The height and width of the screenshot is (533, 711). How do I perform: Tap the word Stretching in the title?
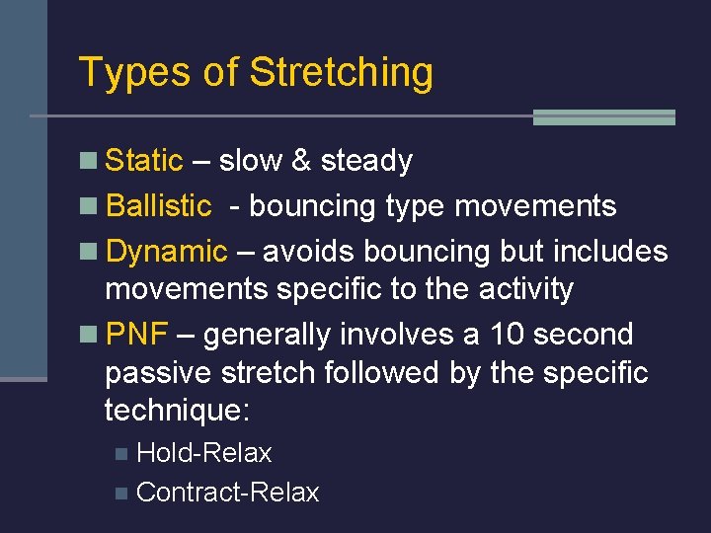coord(341,73)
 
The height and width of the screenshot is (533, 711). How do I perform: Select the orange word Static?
coord(144,160)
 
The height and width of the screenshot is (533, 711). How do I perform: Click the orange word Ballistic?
coord(158,205)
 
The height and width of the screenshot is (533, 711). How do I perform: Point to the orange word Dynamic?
coord(166,252)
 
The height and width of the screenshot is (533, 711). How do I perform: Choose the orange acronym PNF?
coord(135,335)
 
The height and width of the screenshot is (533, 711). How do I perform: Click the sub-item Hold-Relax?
coord(203,453)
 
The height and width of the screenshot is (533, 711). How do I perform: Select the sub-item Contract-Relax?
coord(227,493)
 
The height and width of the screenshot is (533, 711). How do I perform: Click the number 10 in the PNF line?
coord(510,335)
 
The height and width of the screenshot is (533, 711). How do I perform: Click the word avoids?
coord(309,252)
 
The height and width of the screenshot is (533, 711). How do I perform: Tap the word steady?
coord(366,160)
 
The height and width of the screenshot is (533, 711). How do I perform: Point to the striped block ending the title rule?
coord(603,117)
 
